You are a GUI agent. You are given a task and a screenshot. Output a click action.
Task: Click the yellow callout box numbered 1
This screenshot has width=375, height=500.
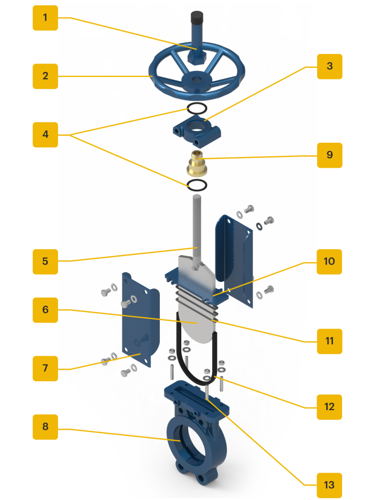pos(45,18)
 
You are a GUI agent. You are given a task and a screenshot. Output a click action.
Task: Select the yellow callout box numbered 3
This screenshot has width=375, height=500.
pos(330,66)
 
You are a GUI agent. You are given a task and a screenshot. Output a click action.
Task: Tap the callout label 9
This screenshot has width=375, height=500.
pos(330,155)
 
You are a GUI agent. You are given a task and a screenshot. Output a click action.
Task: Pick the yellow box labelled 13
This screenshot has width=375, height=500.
pos(329,486)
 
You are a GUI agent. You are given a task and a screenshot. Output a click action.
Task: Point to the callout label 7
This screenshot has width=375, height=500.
pos(45,368)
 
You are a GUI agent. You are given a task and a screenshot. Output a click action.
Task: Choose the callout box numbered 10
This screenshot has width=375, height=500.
pos(329,262)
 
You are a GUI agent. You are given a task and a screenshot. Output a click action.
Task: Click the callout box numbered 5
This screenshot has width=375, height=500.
pos(45,262)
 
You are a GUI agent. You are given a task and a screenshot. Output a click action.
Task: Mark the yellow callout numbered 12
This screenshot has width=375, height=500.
pos(329,407)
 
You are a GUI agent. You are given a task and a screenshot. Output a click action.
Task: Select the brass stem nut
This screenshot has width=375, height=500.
pos(197,163)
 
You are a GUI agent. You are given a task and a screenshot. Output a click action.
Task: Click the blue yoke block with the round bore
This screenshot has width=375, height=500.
pos(197,131)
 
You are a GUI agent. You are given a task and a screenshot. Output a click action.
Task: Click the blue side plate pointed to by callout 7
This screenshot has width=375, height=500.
pos(140,319)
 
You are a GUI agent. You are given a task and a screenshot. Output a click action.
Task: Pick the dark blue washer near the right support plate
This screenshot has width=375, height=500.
pos(259,226)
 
